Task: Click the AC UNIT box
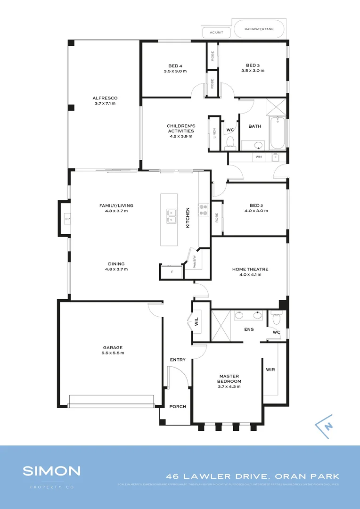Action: (217, 33)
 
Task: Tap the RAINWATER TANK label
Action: (259, 29)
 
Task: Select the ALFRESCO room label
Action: (105, 98)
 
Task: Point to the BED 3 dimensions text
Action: (253, 71)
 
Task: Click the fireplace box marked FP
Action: (67, 219)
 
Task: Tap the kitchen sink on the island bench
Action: (171, 216)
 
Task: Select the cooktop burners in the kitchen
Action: (204, 209)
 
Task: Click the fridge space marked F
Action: (172, 272)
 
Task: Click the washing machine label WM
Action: (258, 157)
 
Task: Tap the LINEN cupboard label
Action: (215, 134)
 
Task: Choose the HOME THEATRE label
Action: (250, 270)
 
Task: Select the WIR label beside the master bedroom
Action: (270, 369)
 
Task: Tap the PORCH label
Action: (178, 406)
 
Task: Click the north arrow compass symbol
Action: (325, 424)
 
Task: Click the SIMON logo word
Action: (52, 471)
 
